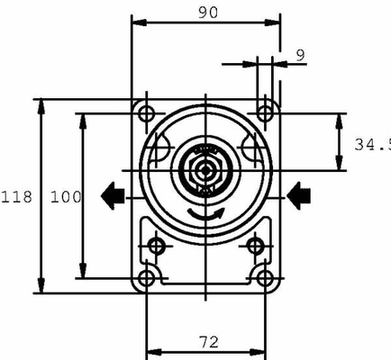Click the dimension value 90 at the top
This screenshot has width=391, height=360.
coord(209,12)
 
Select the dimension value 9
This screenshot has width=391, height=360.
coord(300,55)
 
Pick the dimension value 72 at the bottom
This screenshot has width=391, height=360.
coord(209,342)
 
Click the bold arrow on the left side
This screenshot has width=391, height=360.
coord(114,194)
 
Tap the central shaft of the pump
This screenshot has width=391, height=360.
coord(206,169)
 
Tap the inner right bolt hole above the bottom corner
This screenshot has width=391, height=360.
coord(255,246)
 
